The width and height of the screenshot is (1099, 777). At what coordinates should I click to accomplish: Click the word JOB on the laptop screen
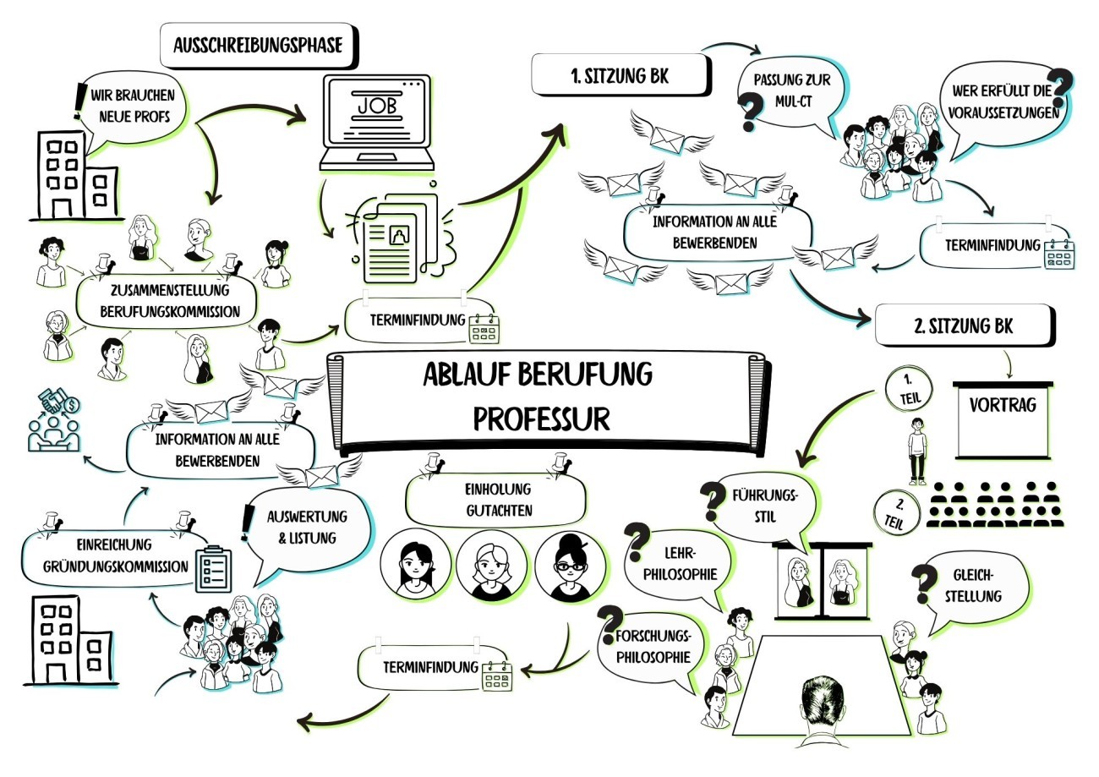point(376,107)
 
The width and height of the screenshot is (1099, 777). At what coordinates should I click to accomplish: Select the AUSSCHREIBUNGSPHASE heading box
point(258,45)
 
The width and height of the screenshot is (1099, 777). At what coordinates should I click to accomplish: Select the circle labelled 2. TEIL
point(898,512)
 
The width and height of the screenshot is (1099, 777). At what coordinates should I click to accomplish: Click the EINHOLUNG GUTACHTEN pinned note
point(497,500)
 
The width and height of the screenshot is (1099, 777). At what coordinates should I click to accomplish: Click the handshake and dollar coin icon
point(54,420)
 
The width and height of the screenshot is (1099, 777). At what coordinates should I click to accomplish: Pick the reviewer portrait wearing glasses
point(571,566)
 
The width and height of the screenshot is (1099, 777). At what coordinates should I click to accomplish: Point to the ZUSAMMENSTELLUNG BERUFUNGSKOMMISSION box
point(167,301)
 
